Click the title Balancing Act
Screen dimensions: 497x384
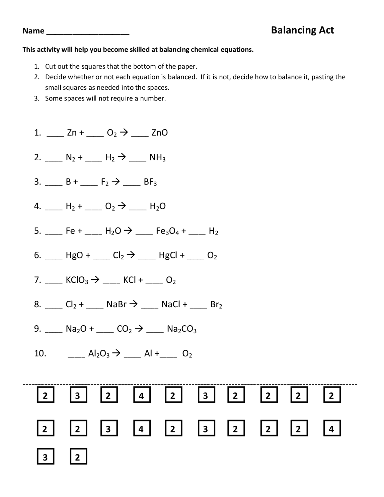(302, 30)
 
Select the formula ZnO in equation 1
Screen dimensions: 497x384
(159, 133)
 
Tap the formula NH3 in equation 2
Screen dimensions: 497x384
(157, 158)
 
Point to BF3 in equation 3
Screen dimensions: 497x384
(150, 182)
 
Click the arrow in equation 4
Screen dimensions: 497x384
(121, 206)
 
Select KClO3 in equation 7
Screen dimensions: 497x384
(77, 280)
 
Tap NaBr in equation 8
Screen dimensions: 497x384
(116, 305)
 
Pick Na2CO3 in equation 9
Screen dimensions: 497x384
(181, 329)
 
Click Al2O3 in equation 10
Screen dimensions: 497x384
(99, 354)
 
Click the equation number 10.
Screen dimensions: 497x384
(40, 354)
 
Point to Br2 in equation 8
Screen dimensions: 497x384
(216, 305)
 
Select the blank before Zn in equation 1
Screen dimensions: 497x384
(55, 135)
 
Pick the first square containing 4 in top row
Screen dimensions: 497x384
(142, 396)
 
